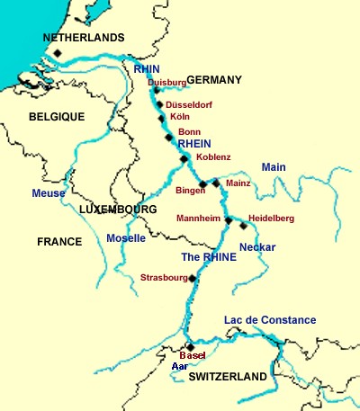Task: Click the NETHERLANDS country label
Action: [x=85, y=38]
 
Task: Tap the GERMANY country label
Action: [x=214, y=80]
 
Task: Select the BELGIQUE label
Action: [x=56, y=117]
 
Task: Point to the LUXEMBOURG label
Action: [x=118, y=209]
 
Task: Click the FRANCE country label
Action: [x=59, y=242]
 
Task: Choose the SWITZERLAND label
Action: [x=228, y=376]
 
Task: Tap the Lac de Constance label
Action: [x=270, y=320]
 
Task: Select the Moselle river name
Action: [x=126, y=239]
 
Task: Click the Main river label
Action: [x=273, y=167]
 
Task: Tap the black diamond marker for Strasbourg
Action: [x=192, y=279]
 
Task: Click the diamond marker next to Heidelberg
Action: [x=243, y=226]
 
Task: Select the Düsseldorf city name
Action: [x=195, y=103]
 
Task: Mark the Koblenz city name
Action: [x=212, y=157]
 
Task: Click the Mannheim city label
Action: [x=199, y=219]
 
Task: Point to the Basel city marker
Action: [x=190, y=347]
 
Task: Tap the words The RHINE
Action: [x=209, y=257]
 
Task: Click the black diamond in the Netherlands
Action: [x=57, y=54]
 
